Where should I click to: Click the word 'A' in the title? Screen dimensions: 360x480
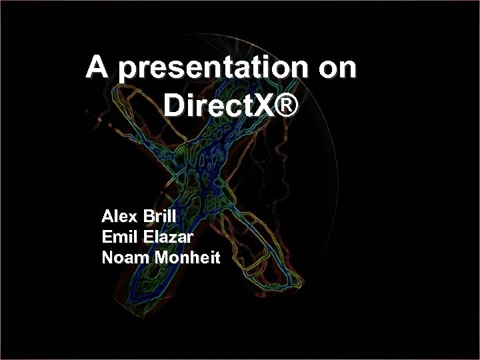click(x=97, y=67)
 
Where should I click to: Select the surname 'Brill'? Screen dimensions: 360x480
click(x=157, y=217)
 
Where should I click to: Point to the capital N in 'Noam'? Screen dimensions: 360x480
click(x=108, y=257)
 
